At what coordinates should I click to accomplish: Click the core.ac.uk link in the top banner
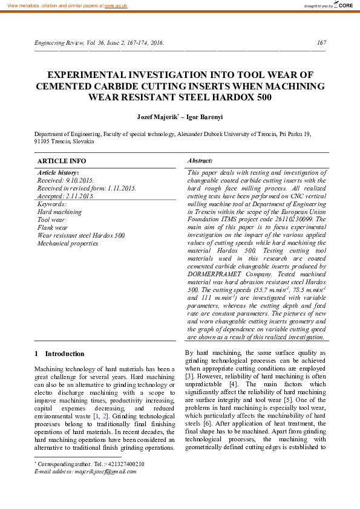point(116,5)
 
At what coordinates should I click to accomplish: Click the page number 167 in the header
point(321,43)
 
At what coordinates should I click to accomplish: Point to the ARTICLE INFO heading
point(62,161)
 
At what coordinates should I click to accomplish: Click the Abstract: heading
point(200,161)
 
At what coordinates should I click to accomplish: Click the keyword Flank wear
point(53,228)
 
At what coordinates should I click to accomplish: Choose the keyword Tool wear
point(51,220)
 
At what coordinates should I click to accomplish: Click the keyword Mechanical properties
point(68,244)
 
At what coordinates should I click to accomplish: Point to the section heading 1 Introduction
point(59,354)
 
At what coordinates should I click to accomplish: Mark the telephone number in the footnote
point(123,464)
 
